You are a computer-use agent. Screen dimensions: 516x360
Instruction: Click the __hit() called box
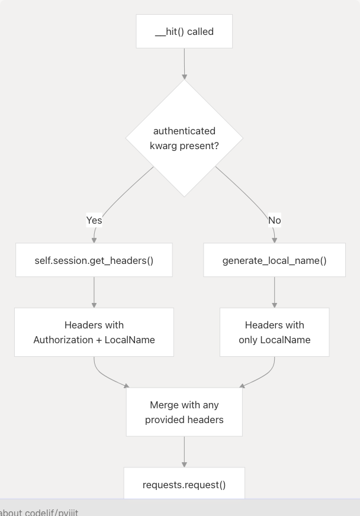pyautogui.click(x=184, y=32)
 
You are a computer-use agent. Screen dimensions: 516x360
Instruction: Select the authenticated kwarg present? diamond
pyautogui.click(x=184, y=138)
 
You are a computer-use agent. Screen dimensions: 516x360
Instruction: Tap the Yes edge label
pyautogui.click(x=94, y=220)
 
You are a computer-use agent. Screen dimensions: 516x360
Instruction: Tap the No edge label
pyautogui.click(x=274, y=220)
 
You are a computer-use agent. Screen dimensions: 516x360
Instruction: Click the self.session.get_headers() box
pyautogui.click(x=94, y=260)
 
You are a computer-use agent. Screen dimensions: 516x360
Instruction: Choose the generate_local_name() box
pyautogui.click(x=274, y=260)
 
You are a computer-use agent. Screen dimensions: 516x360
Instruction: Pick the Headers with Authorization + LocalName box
pyautogui.click(x=94, y=332)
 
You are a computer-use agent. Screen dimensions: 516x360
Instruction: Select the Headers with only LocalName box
pyautogui.click(x=274, y=332)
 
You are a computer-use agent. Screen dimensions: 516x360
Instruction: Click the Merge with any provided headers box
pyautogui.click(x=184, y=412)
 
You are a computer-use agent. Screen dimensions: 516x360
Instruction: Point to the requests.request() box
pyautogui.click(x=184, y=484)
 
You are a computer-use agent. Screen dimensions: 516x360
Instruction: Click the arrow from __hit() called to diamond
pyautogui.click(x=184, y=63)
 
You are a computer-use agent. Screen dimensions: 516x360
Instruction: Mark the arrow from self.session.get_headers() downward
pyautogui.click(x=94, y=292)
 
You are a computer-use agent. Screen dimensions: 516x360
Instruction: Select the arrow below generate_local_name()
pyautogui.click(x=274, y=292)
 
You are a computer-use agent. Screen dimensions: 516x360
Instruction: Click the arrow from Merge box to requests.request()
pyautogui.click(x=184, y=451)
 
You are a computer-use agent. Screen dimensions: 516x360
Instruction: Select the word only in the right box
pyautogui.click(x=248, y=340)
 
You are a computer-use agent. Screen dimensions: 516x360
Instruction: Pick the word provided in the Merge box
pyautogui.click(x=166, y=420)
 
